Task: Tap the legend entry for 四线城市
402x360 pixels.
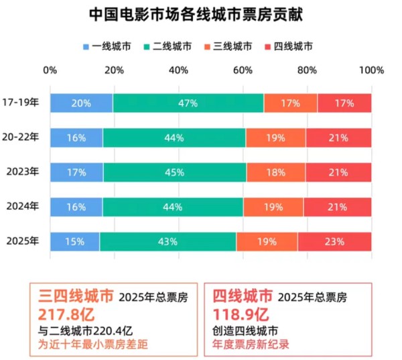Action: point(289,47)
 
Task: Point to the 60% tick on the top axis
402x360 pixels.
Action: point(243,70)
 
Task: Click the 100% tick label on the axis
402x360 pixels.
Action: point(371,70)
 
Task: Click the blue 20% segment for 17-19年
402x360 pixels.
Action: point(81,103)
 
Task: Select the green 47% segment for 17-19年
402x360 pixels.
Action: point(188,103)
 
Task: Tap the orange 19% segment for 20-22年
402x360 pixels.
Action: point(275,138)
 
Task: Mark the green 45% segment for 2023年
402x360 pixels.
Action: point(174,172)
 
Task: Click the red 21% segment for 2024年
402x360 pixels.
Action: point(338,207)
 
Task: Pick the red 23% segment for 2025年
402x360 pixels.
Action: point(334,241)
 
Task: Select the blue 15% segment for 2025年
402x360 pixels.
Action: point(74,241)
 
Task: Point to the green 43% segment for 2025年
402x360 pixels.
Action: point(167,241)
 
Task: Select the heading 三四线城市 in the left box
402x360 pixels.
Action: point(73,296)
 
